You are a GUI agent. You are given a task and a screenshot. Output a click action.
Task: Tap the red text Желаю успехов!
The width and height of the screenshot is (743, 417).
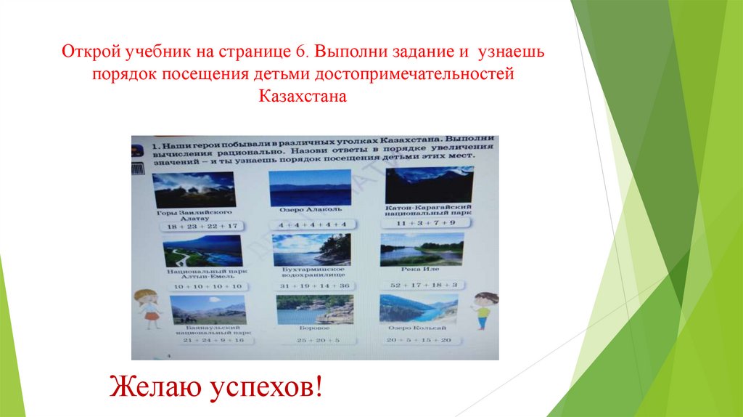(x=215, y=385)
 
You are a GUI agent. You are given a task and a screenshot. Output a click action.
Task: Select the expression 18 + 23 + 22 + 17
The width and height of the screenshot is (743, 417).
(x=192, y=227)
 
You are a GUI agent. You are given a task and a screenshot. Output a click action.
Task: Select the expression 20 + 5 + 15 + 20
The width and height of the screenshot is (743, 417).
(x=419, y=340)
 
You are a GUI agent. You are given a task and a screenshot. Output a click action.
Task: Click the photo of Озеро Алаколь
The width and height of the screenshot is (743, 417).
(x=310, y=188)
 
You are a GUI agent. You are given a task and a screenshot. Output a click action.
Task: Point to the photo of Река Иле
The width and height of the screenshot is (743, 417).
(x=421, y=250)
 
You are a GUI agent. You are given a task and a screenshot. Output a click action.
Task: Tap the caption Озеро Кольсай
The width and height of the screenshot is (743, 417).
(x=418, y=328)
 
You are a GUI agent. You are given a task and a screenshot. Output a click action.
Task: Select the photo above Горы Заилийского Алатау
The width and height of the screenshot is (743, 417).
(x=194, y=190)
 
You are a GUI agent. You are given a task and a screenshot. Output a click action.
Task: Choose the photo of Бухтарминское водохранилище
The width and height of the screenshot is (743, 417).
(x=311, y=250)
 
